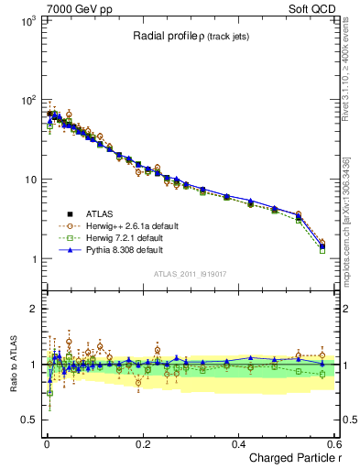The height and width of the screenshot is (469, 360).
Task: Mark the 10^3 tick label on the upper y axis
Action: pos(27,20)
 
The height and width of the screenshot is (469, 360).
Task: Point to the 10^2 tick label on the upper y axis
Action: pos(27,100)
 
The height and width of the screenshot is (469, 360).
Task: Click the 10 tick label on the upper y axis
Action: pos(30,180)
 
